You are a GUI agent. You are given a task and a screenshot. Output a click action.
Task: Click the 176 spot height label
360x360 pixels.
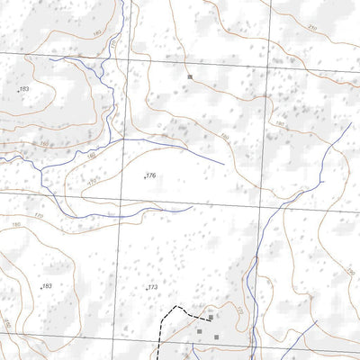[x=150, y=175]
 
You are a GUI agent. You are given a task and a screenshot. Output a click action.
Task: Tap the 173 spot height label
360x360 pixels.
[x=152, y=287]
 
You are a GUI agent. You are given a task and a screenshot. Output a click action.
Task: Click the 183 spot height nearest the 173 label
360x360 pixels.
[x=47, y=286]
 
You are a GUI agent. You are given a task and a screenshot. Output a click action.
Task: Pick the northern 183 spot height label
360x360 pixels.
[x=23, y=89]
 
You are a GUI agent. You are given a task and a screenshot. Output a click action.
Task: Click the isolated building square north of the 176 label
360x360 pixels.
[x=191, y=77]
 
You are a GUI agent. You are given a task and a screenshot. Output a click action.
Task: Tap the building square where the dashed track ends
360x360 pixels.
[x=211, y=317]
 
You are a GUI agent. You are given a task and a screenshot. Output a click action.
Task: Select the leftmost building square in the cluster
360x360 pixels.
[x=199, y=331]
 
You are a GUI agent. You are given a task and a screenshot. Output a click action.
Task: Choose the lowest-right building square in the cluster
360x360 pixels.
[x=216, y=337]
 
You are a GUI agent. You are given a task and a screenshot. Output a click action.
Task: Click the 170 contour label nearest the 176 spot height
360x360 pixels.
[x=93, y=184]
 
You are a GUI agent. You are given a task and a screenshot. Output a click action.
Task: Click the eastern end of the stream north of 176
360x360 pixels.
[x=223, y=162]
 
